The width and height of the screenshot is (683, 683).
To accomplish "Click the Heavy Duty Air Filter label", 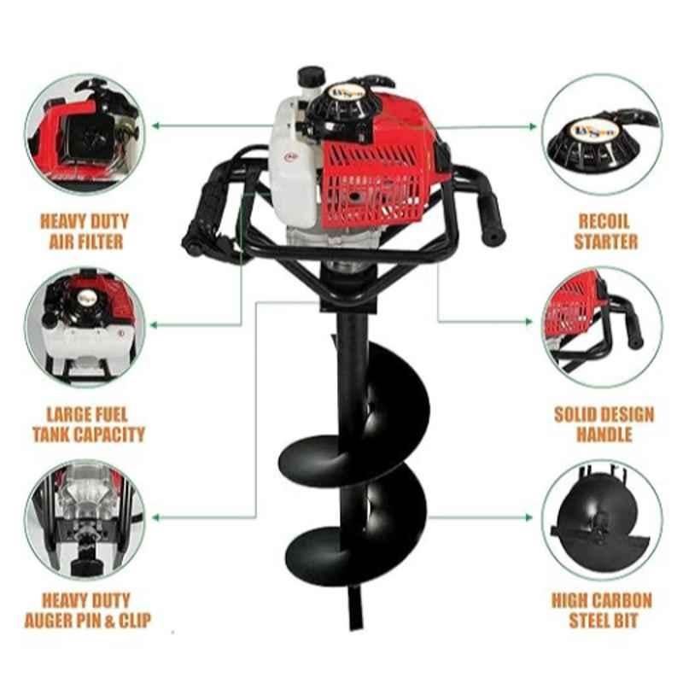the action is pos(85,231).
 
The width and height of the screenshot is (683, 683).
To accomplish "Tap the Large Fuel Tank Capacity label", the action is pos(89,424).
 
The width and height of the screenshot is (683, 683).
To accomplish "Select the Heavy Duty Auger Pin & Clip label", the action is pos(87,610).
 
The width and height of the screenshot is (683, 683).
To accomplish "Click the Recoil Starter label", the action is pos(605,231).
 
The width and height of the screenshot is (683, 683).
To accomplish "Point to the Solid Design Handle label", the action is pos(604,424).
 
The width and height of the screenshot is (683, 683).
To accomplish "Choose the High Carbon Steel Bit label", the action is pos(603,610).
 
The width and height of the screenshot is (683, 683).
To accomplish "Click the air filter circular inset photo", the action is pos(85,134).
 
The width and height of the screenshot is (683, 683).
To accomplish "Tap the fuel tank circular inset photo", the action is pos(85,328).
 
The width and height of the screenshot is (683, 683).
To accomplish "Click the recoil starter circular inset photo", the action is pos(603,134).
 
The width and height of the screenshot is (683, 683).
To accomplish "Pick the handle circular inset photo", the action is pos(603,328).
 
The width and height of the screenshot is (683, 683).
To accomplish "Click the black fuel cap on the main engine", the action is pos(311,76).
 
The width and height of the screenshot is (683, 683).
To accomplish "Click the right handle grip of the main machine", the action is pos(490,215).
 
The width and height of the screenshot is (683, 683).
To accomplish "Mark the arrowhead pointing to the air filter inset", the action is pos(155,126).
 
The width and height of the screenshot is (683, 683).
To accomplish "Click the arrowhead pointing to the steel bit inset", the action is pos(528,517).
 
